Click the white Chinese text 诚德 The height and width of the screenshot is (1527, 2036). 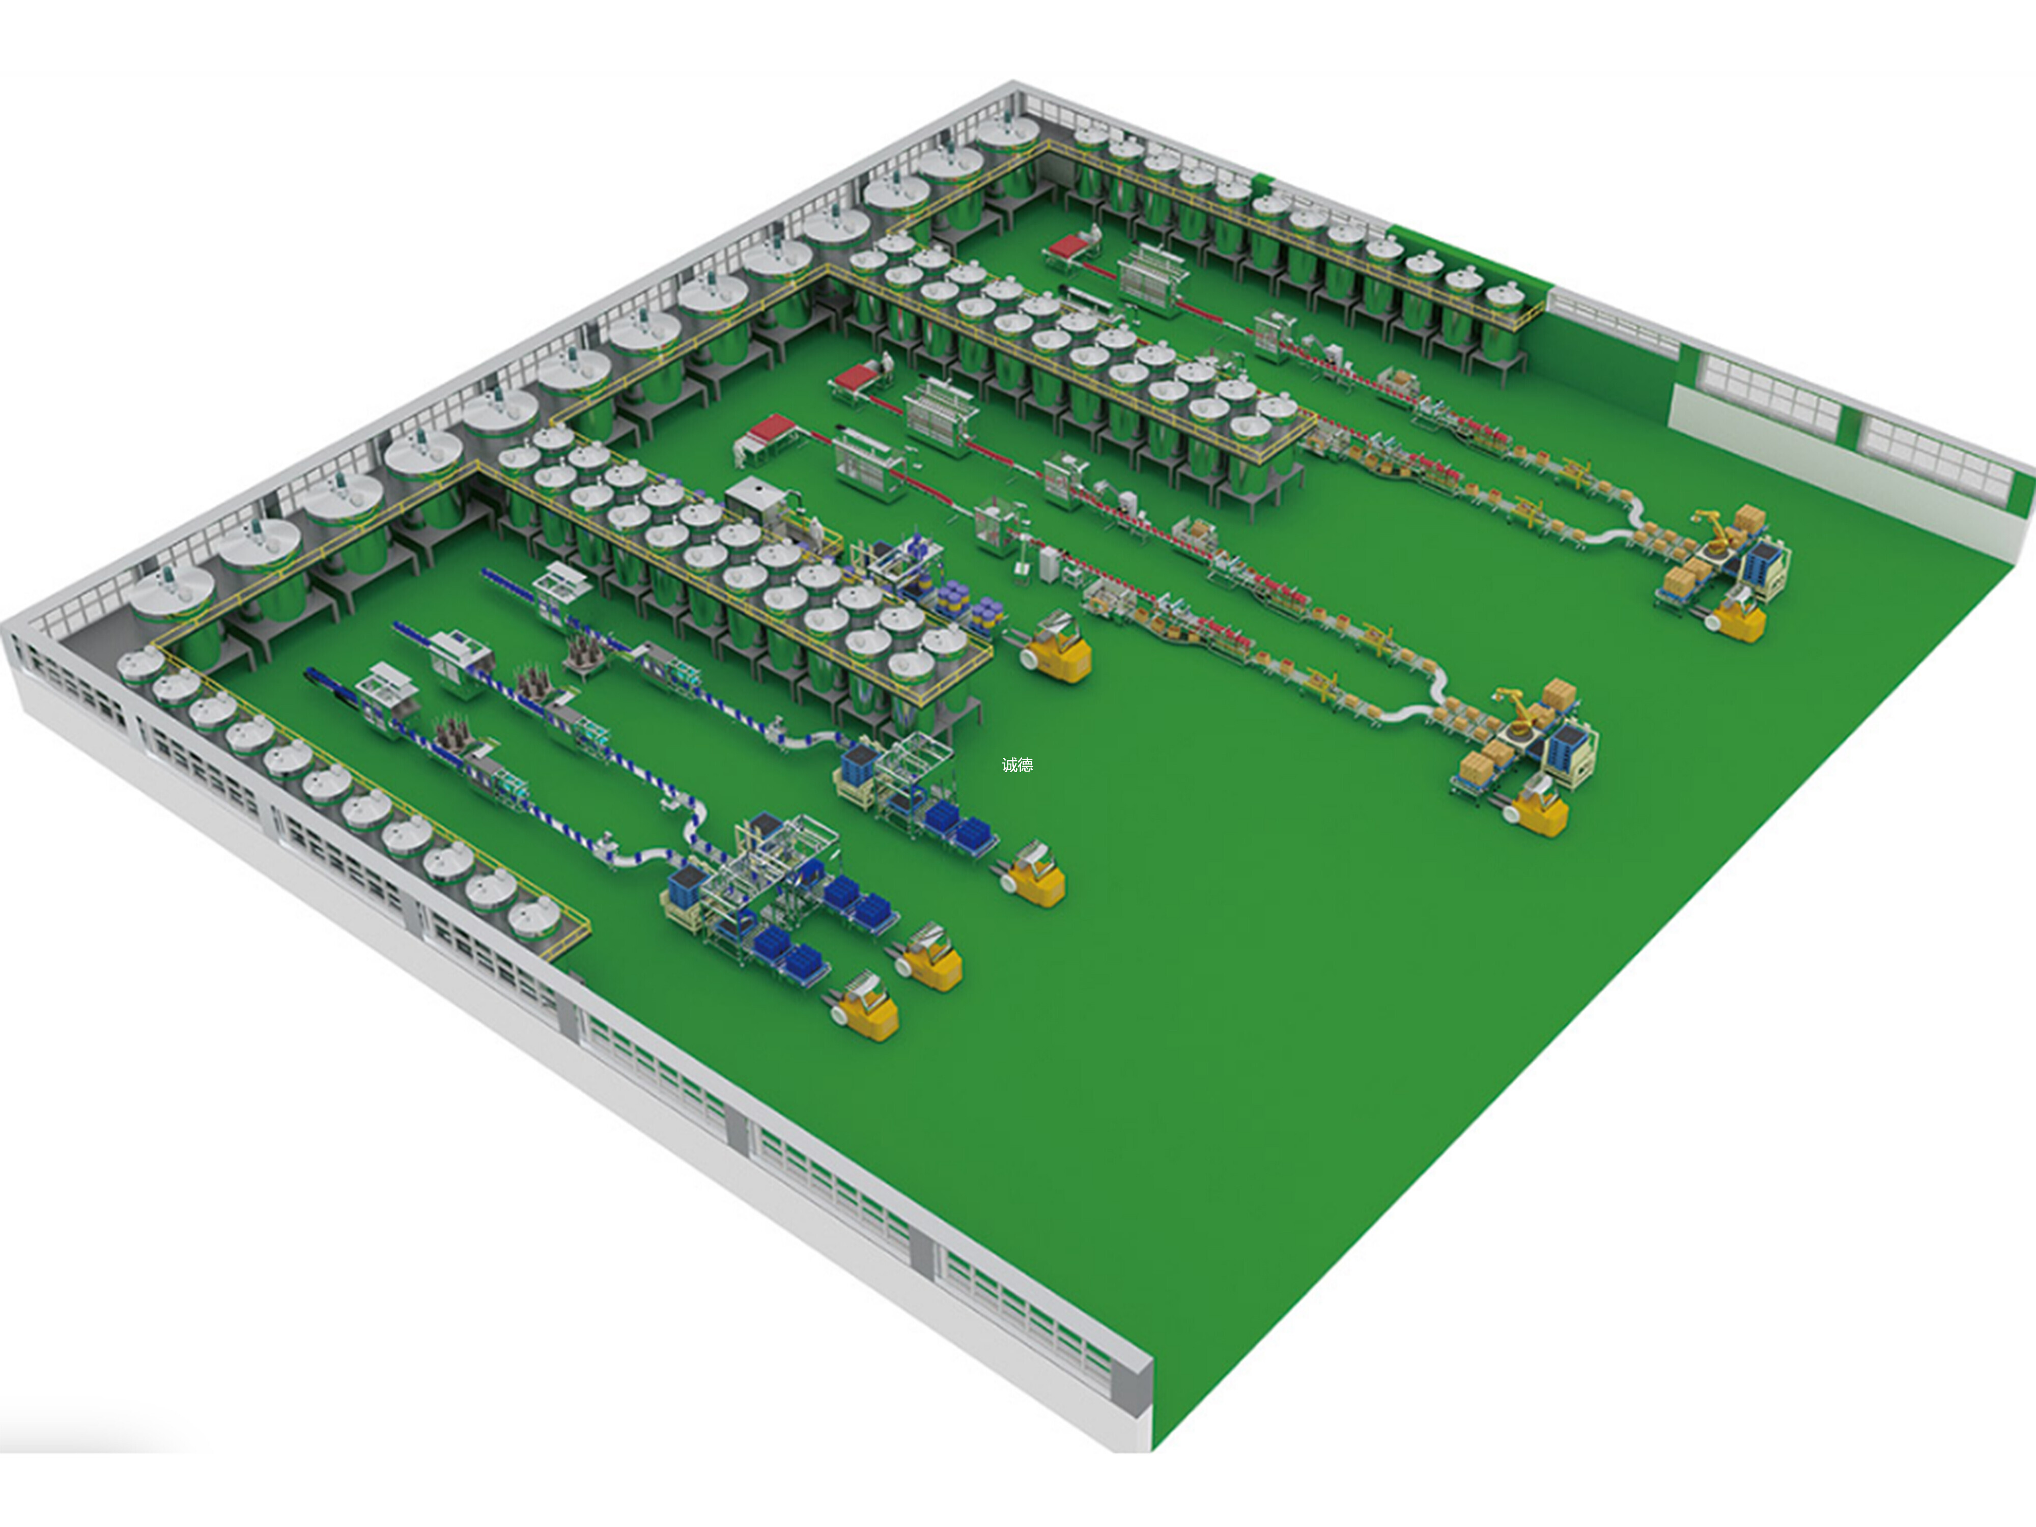pyautogui.click(x=1017, y=764)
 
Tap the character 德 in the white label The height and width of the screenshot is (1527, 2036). pyautogui.click(x=1025, y=764)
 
